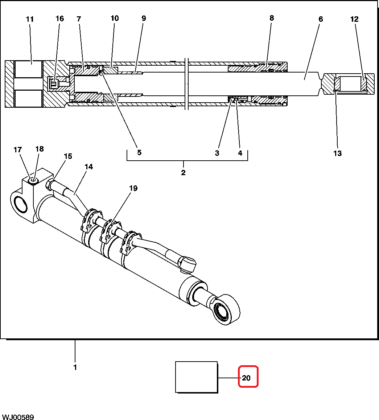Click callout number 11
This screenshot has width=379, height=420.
point(30,19)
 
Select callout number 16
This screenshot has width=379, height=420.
point(59,18)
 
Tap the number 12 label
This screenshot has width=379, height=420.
point(354,19)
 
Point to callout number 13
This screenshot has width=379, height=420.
point(337,153)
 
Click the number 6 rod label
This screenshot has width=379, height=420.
point(321,19)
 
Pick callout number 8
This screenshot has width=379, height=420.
point(272,18)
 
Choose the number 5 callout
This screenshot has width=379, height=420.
point(139,153)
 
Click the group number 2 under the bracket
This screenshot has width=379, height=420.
point(183,173)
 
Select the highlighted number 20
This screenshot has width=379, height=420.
point(246,378)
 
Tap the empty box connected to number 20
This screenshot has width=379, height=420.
point(197,377)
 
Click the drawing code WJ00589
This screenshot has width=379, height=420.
point(18,417)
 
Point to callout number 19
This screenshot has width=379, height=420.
point(133,188)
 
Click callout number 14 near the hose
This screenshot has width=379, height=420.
point(89,167)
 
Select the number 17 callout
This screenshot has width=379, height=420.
point(18,149)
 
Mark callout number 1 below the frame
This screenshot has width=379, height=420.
point(75,367)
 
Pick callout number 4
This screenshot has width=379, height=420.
point(240,153)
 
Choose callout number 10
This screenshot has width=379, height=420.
point(115,18)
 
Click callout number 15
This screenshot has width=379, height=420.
point(68,156)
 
